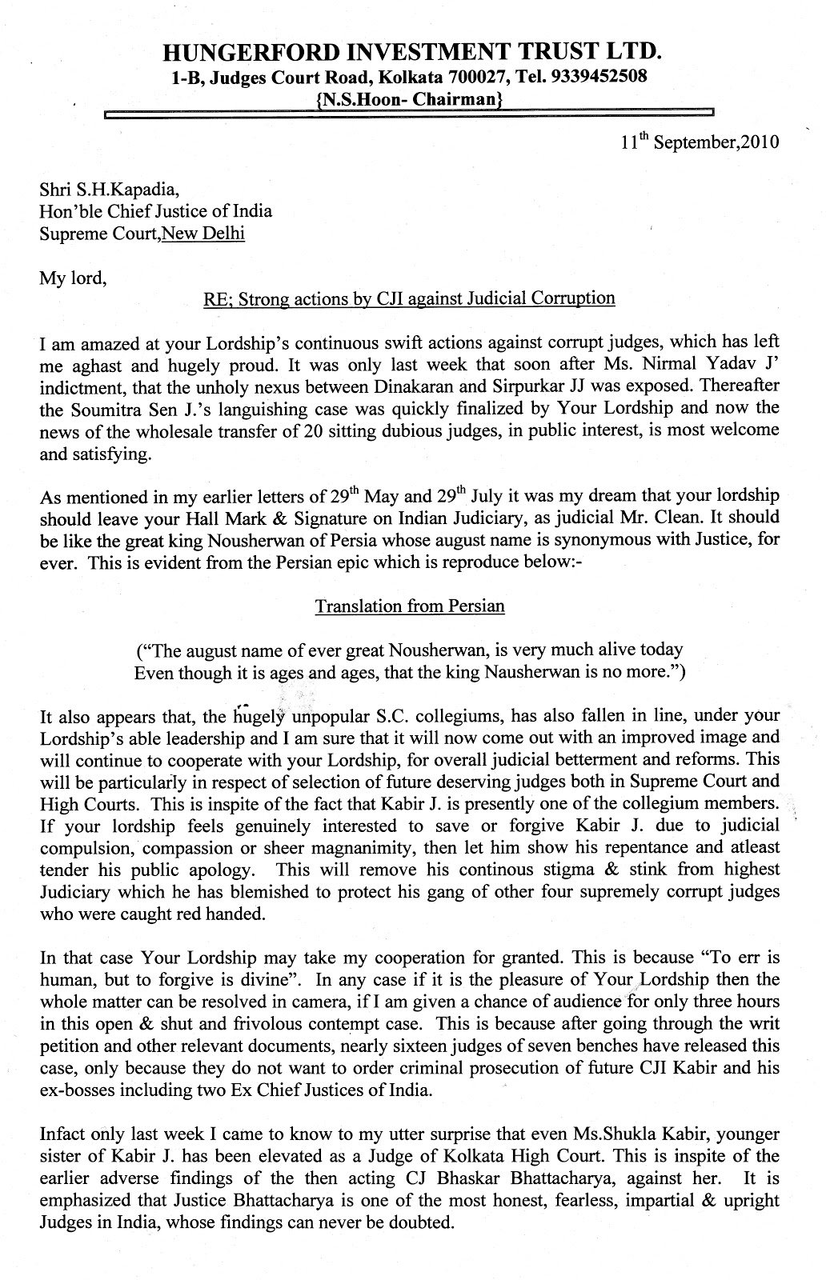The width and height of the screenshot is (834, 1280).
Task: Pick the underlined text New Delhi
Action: (x=202, y=234)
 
